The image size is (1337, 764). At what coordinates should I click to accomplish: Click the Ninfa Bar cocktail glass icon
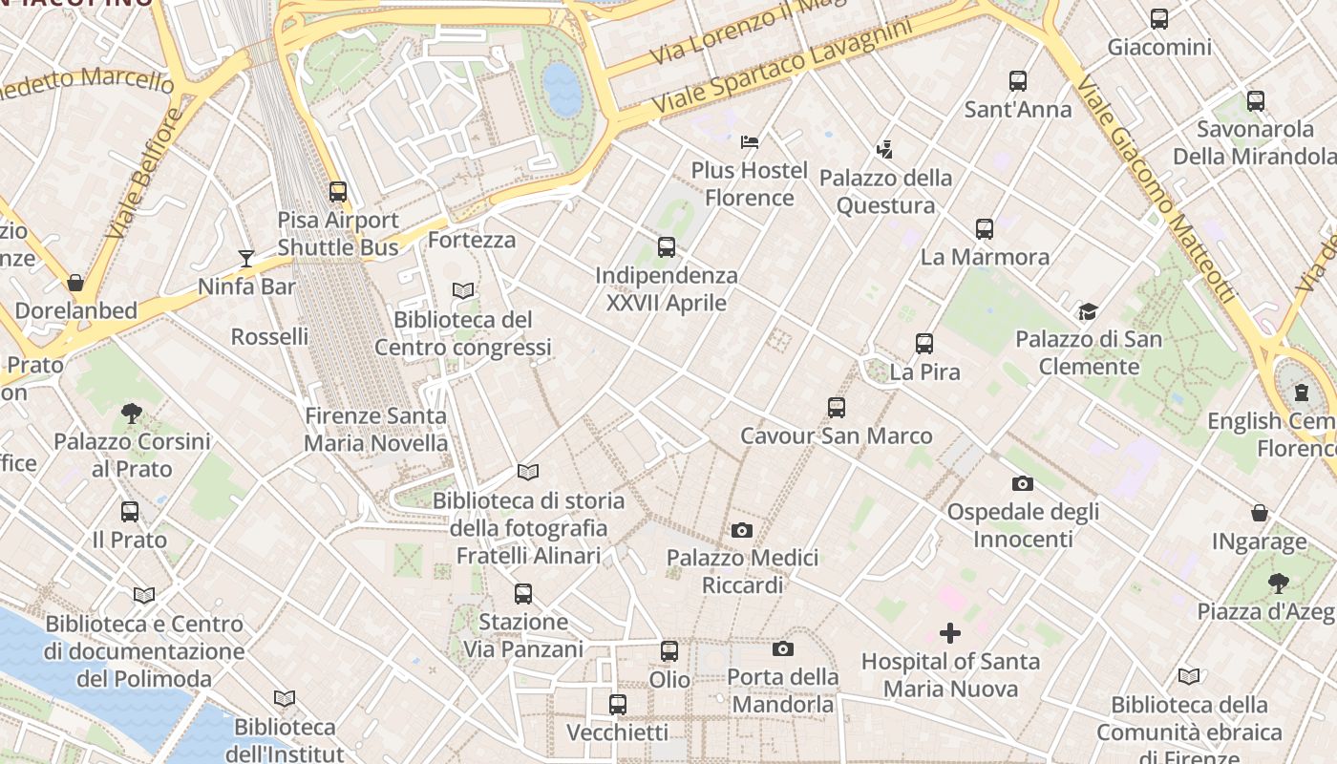click(246, 258)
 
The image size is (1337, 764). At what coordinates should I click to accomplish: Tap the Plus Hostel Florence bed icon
click(750, 142)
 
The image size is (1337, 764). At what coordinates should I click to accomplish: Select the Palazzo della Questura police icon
click(885, 149)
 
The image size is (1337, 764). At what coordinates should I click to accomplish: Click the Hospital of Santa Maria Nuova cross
click(950, 632)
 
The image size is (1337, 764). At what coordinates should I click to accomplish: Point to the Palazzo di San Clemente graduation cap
click(1088, 311)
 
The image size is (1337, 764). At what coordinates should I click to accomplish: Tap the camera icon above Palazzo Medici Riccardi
click(742, 530)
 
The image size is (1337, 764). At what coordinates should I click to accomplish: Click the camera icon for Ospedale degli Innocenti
click(1023, 483)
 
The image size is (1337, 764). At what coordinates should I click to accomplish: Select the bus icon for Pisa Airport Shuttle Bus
click(338, 192)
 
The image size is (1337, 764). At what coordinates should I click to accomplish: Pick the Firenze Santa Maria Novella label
click(375, 430)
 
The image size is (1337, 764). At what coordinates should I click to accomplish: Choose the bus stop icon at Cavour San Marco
click(837, 408)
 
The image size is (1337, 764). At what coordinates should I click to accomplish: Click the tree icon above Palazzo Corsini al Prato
click(132, 414)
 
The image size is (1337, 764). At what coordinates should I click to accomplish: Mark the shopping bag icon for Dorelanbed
click(75, 283)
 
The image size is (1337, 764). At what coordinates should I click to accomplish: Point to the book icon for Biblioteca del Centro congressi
click(463, 290)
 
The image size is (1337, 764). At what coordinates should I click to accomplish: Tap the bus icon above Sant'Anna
click(1018, 81)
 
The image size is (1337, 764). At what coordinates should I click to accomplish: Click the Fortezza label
click(472, 240)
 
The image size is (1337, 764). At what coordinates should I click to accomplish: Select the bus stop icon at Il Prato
click(130, 512)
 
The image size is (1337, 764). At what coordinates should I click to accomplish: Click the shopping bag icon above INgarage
click(1260, 514)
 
